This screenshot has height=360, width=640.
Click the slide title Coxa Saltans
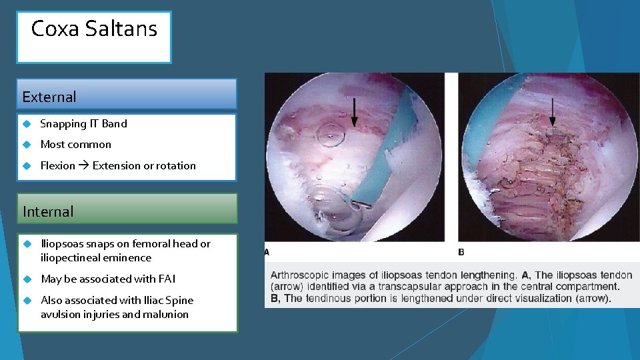click(x=94, y=29)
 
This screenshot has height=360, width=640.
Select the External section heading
click(x=49, y=97)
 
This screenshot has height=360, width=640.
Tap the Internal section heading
click(x=48, y=212)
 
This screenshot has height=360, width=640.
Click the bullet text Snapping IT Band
click(x=83, y=123)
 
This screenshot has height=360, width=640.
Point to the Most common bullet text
click(x=76, y=144)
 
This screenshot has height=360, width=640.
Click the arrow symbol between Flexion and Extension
click(x=84, y=166)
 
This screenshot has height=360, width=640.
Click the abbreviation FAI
click(x=167, y=279)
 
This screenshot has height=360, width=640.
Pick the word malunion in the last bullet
click(x=167, y=314)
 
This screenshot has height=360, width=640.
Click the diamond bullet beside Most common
click(x=27, y=144)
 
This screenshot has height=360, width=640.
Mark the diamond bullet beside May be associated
click(x=27, y=279)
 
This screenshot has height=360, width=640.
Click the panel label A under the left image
click(x=267, y=252)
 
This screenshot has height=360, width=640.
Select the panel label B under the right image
click(x=461, y=252)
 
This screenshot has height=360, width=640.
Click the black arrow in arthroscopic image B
click(x=552, y=111)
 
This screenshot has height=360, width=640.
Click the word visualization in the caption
click(x=543, y=298)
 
